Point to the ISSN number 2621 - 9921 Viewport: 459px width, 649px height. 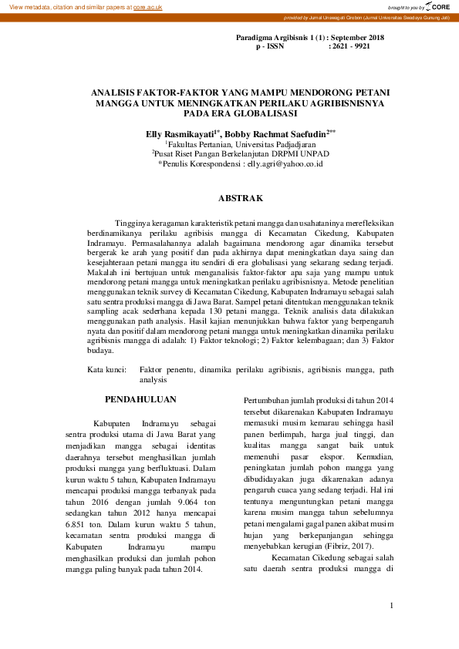(x=349, y=46)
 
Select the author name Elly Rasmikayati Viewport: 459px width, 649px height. (x=180, y=133)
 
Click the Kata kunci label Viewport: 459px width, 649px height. (x=106, y=371)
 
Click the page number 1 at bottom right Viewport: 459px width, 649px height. (x=392, y=605)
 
